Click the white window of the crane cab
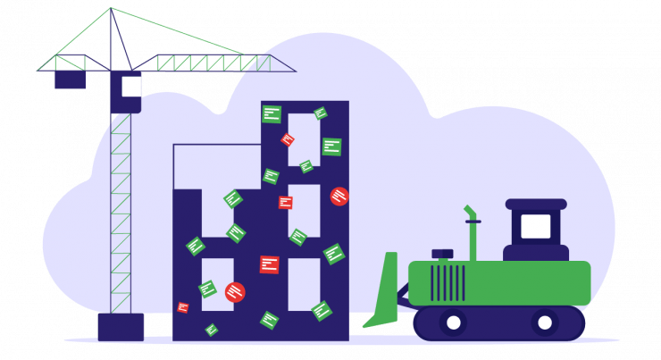coord(130,86)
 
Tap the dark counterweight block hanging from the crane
coord(70,80)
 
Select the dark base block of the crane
coord(121,326)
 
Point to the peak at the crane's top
coord(111,8)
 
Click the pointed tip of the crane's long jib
coord(294,71)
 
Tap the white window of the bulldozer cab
coord(535,226)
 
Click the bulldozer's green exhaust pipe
coord(472,234)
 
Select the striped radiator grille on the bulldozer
coord(447,282)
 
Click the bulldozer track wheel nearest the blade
coord(453,322)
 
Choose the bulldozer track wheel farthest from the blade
coord(545,322)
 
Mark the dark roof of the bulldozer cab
coord(536,204)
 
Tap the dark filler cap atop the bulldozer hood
coord(442,254)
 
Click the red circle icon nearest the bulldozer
coord(339,197)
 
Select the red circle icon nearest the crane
coord(235,292)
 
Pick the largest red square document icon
coord(269,264)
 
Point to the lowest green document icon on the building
coord(212,330)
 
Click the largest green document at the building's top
coord(272,114)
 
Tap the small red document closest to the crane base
coord(183,307)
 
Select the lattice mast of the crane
coord(121,214)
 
